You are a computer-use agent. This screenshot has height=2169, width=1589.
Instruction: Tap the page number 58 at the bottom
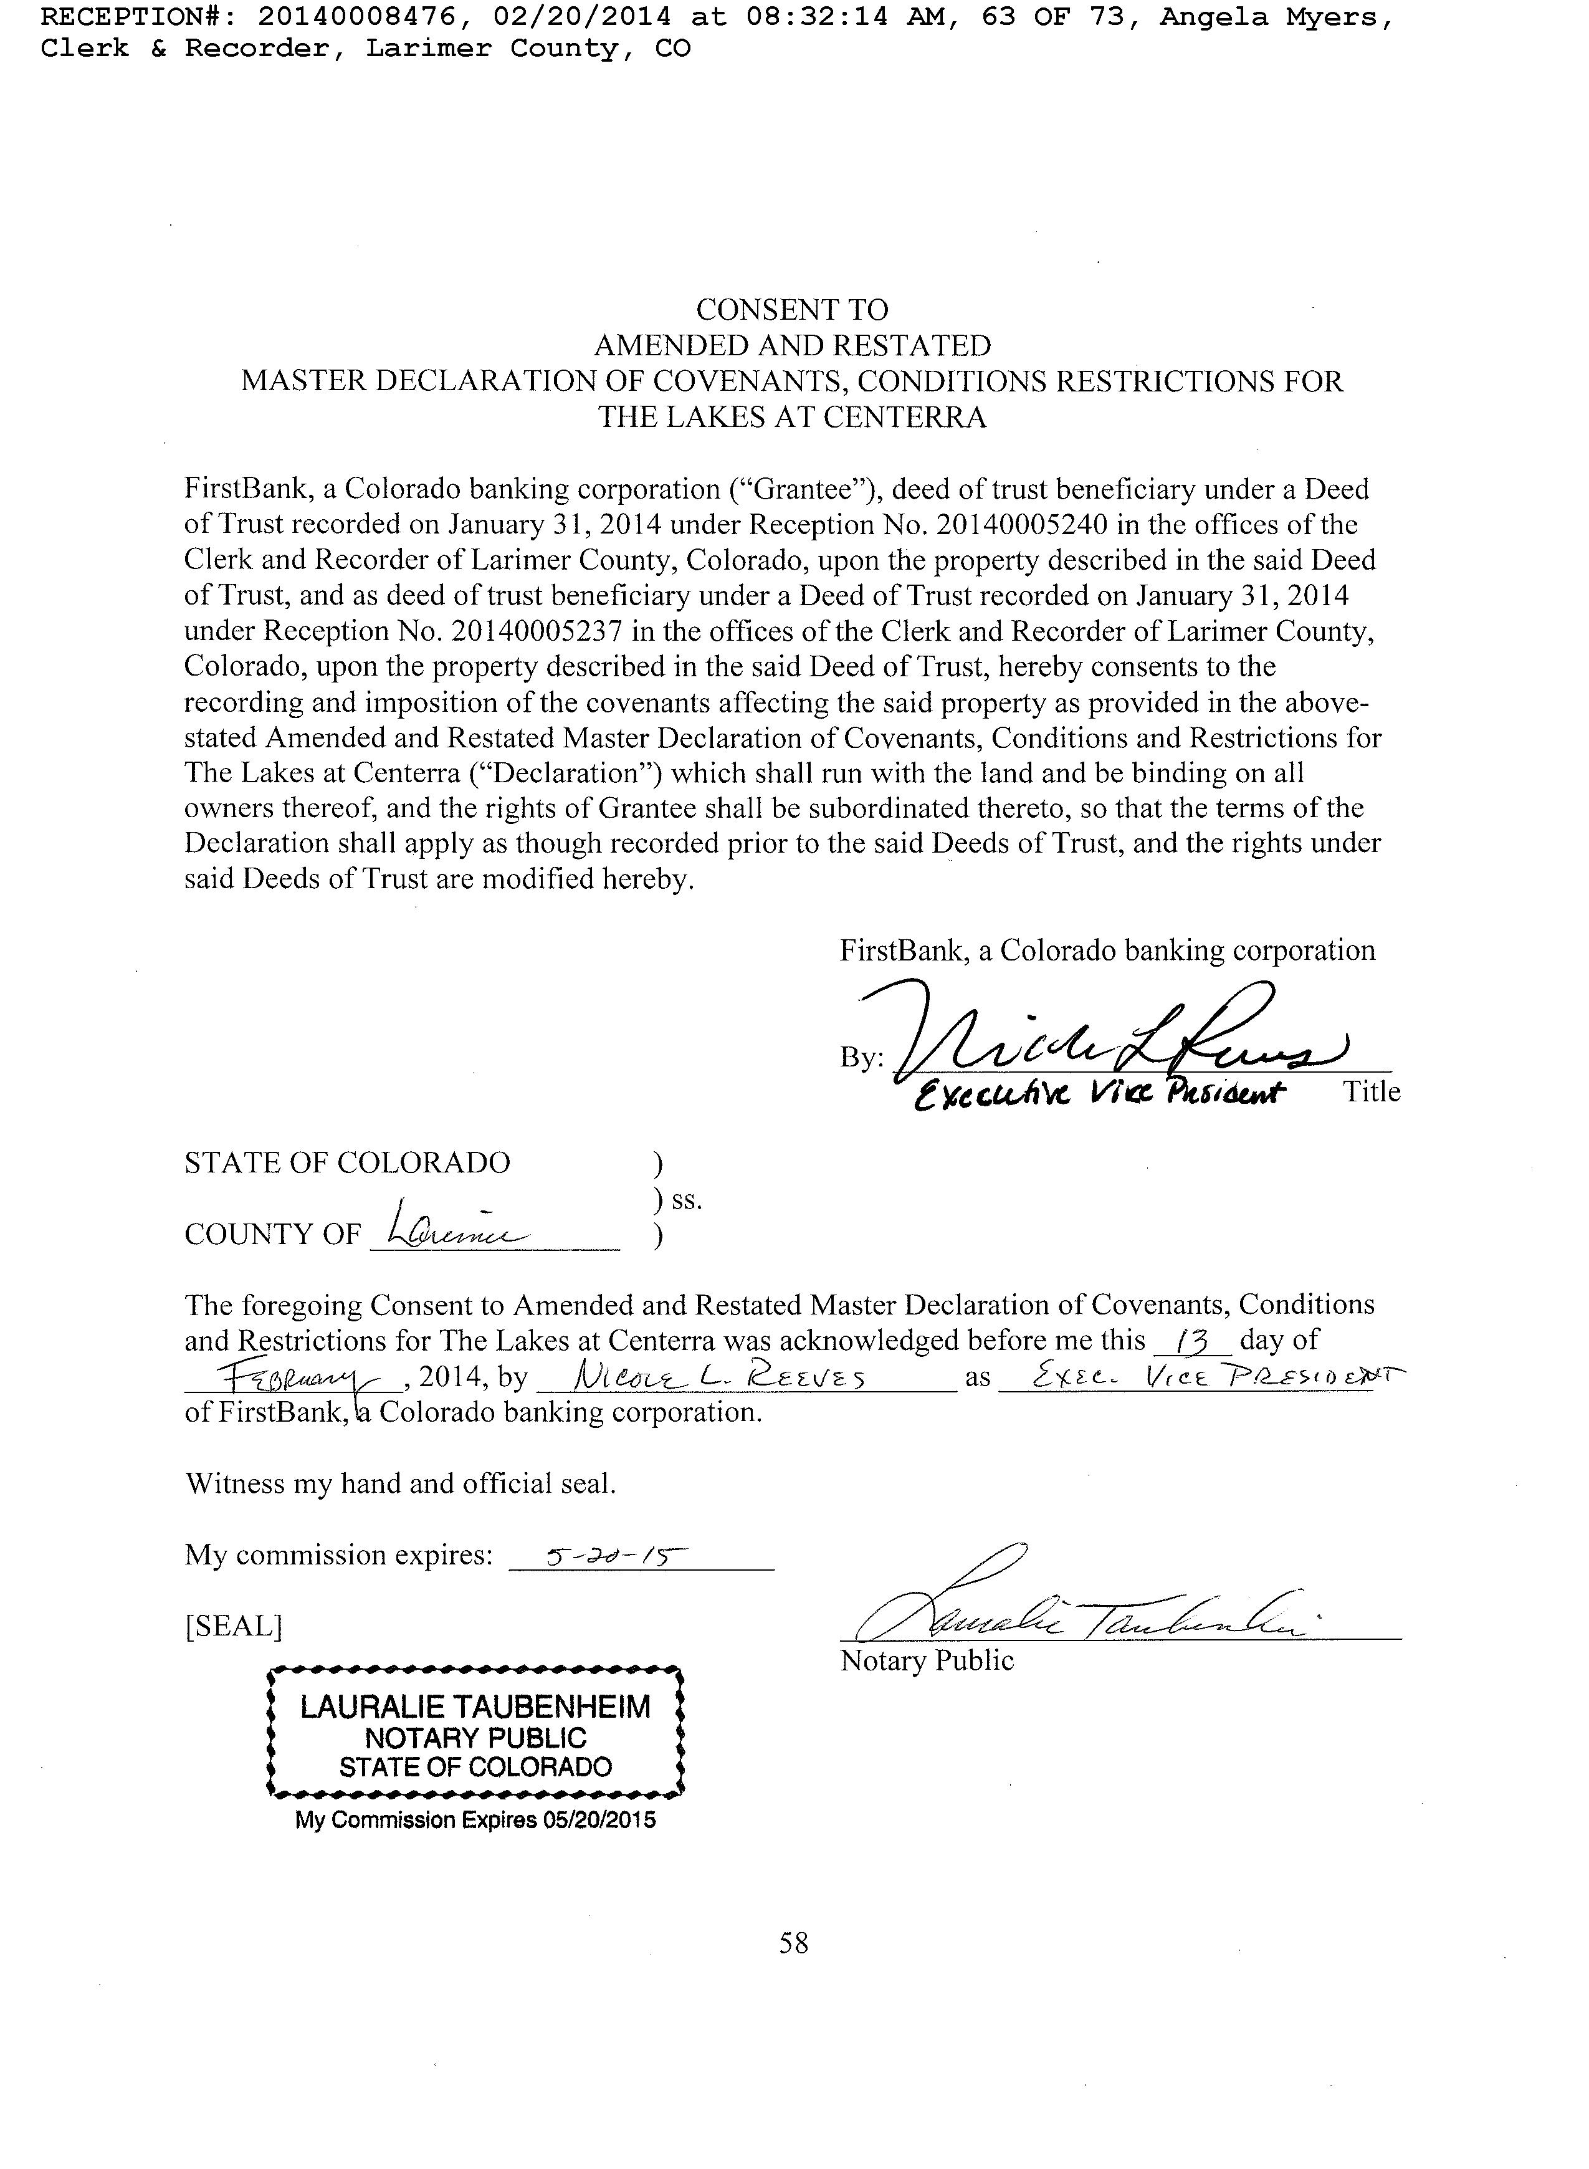click(x=793, y=1943)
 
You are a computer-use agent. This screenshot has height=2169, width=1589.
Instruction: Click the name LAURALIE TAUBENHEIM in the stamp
click(x=475, y=1707)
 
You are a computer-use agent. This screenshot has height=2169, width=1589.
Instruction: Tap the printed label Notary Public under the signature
click(x=926, y=1661)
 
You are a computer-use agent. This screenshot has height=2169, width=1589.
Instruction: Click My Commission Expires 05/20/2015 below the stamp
click(x=475, y=1821)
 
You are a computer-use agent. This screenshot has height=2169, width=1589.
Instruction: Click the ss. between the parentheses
click(x=687, y=1200)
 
